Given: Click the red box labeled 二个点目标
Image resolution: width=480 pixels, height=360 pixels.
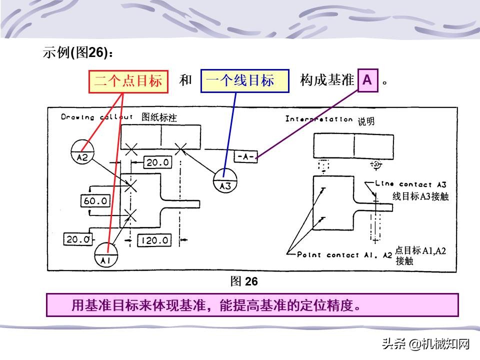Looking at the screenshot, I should (128, 81).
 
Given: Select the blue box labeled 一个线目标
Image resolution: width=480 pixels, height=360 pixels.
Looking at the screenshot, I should (244, 81).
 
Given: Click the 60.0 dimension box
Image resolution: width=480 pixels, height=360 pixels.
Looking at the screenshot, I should (95, 201).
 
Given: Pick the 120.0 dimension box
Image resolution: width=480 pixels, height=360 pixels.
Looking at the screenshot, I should (154, 240).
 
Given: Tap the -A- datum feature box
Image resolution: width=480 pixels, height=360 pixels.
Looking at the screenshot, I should (246, 156).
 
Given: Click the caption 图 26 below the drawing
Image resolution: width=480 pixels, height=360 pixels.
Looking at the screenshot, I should (244, 281).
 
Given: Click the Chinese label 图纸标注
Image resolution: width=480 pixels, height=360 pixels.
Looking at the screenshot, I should (159, 117).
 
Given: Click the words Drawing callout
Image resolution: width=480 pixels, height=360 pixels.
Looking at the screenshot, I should (97, 117).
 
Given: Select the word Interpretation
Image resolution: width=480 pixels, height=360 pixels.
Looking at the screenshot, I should (319, 119).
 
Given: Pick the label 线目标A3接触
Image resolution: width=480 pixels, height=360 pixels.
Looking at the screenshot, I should (420, 196).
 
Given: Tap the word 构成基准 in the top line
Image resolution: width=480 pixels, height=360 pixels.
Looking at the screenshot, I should (327, 80).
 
